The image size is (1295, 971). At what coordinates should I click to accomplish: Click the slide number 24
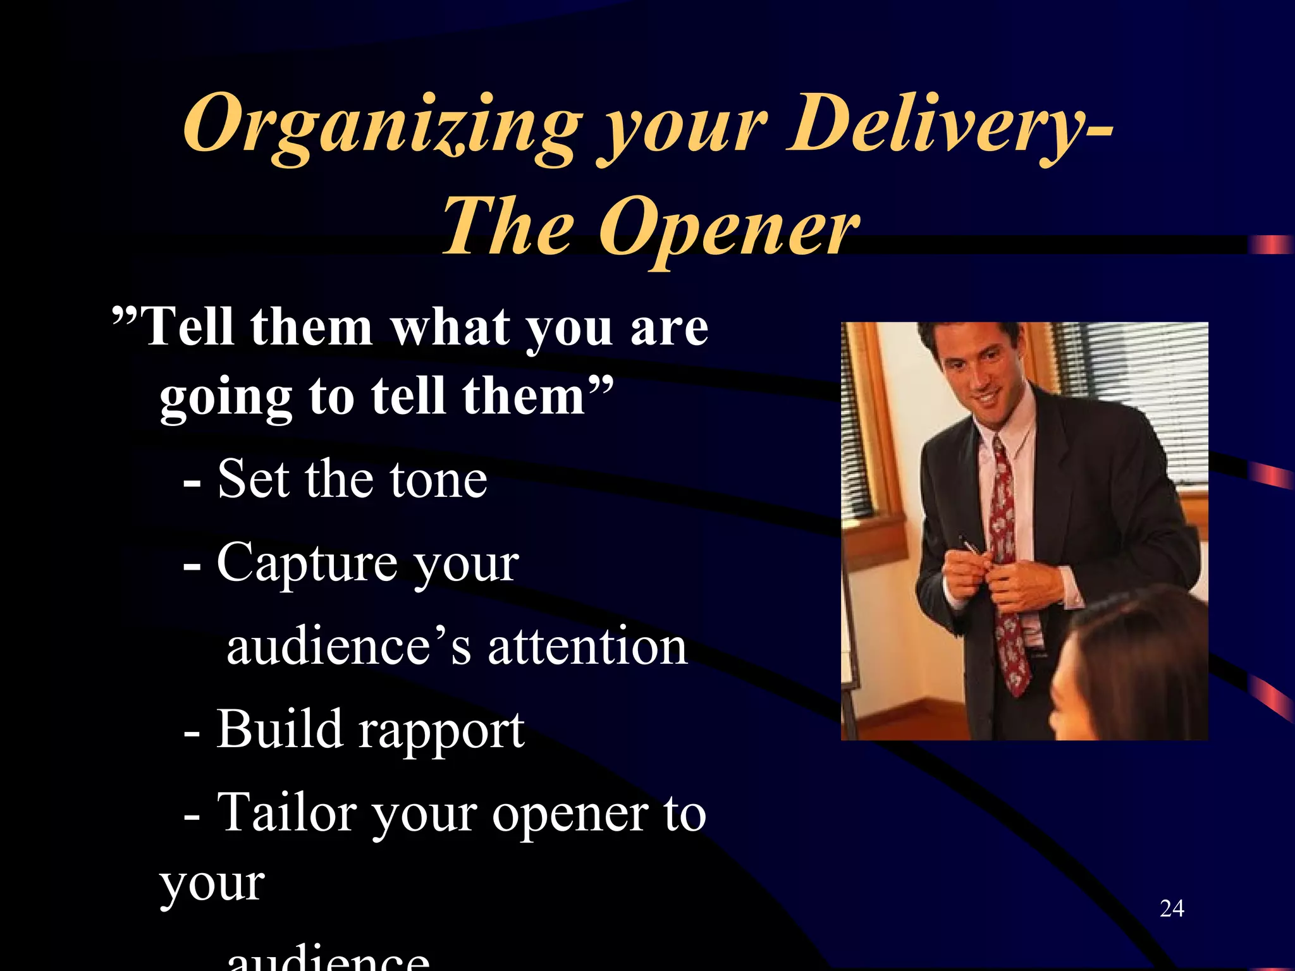1172,908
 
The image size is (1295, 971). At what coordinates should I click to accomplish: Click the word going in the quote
225,398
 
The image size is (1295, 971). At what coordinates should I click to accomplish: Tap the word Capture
307,563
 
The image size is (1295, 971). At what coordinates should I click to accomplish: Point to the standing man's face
980,373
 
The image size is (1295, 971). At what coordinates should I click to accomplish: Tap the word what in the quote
449,327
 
